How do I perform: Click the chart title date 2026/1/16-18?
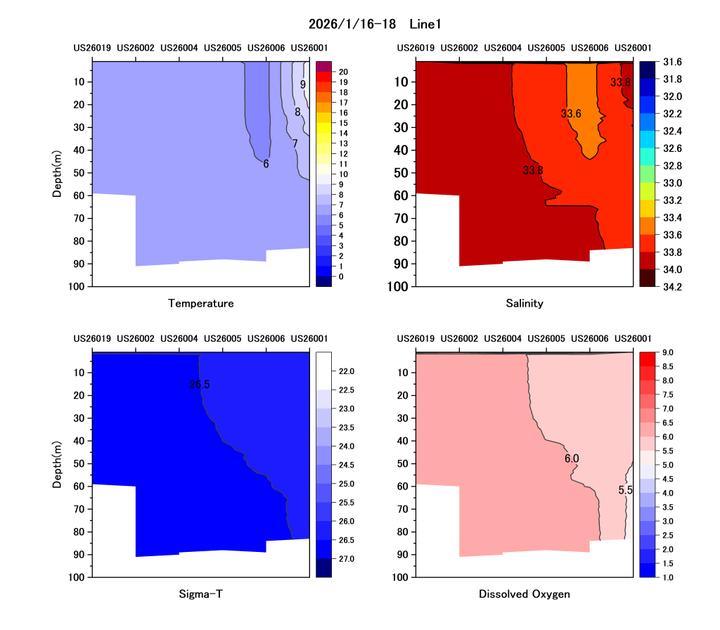[x=352, y=25]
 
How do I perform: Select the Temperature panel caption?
[x=201, y=304]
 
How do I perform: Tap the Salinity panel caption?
[x=525, y=304]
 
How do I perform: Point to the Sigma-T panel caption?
[x=201, y=594]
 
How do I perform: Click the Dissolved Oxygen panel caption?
[x=525, y=594]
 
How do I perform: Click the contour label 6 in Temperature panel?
[x=266, y=164]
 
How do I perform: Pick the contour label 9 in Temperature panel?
[x=302, y=84]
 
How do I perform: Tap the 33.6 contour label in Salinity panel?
[x=571, y=113]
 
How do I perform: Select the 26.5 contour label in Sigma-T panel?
[x=199, y=385]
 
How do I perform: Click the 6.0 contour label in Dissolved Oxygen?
[x=572, y=458]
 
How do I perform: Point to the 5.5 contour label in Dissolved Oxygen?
[x=626, y=490]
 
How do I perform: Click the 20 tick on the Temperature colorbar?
[x=342, y=72]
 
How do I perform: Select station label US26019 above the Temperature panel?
[x=92, y=48]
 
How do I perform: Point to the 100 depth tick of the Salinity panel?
[x=398, y=287]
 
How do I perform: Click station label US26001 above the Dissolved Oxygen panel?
[x=633, y=338]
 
